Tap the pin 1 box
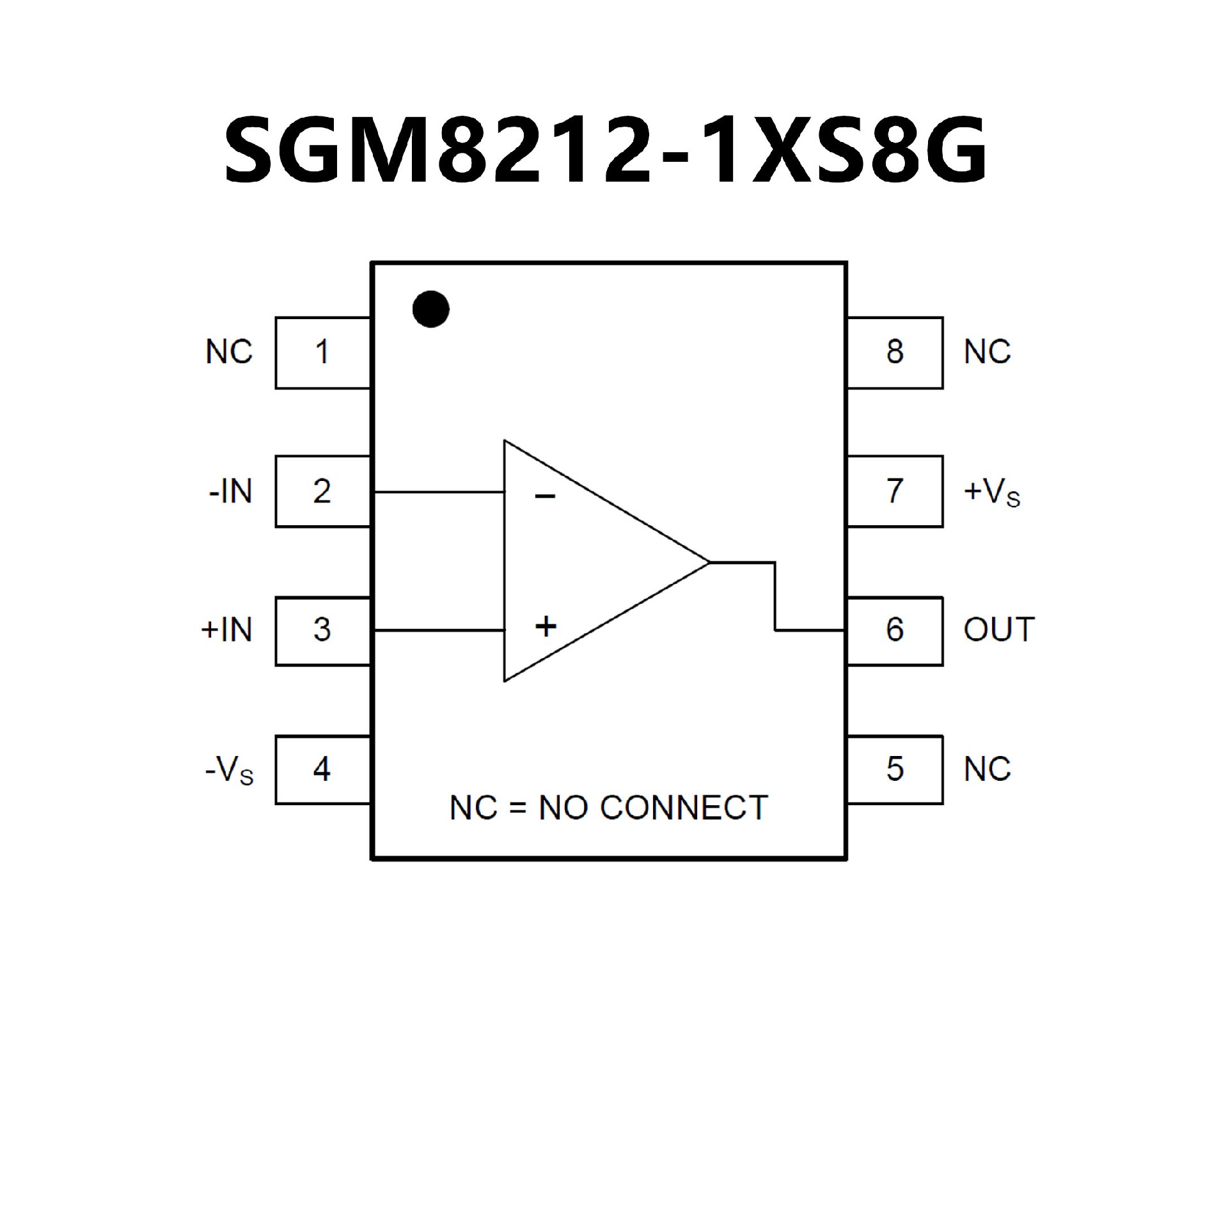(322, 352)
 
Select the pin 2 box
(322, 491)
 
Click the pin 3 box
(322, 631)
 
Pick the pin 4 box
(322, 769)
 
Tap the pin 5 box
(895, 769)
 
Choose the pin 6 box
(895, 631)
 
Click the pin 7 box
(895, 491)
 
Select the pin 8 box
(895, 352)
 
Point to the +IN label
(227, 631)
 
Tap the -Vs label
(229, 771)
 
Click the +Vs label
(991, 493)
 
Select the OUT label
(999, 631)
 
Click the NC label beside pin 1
(229, 352)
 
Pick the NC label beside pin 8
(987, 352)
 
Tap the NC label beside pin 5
(987, 769)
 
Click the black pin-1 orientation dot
(431, 309)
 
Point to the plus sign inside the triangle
(546, 626)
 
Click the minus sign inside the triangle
(545, 496)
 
